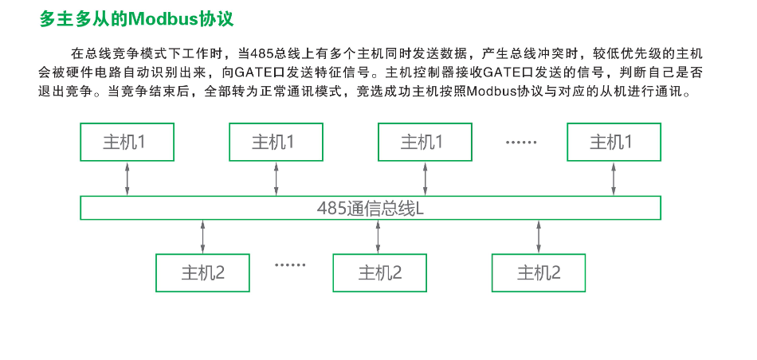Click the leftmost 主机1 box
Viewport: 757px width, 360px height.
point(127,142)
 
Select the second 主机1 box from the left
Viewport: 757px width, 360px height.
point(277,142)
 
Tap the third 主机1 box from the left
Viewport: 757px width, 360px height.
point(425,142)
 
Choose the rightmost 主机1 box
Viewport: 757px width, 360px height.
point(614,142)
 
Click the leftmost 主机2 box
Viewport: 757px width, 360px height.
point(202,273)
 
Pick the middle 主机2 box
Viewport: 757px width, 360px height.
point(380,273)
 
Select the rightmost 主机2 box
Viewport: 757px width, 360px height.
point(539,273)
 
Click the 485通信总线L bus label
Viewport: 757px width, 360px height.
point(371,208)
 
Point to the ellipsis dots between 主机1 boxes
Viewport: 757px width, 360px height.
point(521,143)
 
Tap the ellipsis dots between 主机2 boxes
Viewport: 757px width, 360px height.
point(290,265)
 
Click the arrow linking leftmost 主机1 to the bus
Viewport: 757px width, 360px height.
point(127,178)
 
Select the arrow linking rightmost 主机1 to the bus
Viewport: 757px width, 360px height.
point(614,178)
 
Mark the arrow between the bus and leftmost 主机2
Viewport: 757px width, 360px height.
point(202,237)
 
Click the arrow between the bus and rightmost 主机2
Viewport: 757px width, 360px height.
point(539,237)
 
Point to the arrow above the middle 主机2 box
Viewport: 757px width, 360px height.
point(378,237)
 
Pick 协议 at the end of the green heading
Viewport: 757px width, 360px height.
point(218,19)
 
